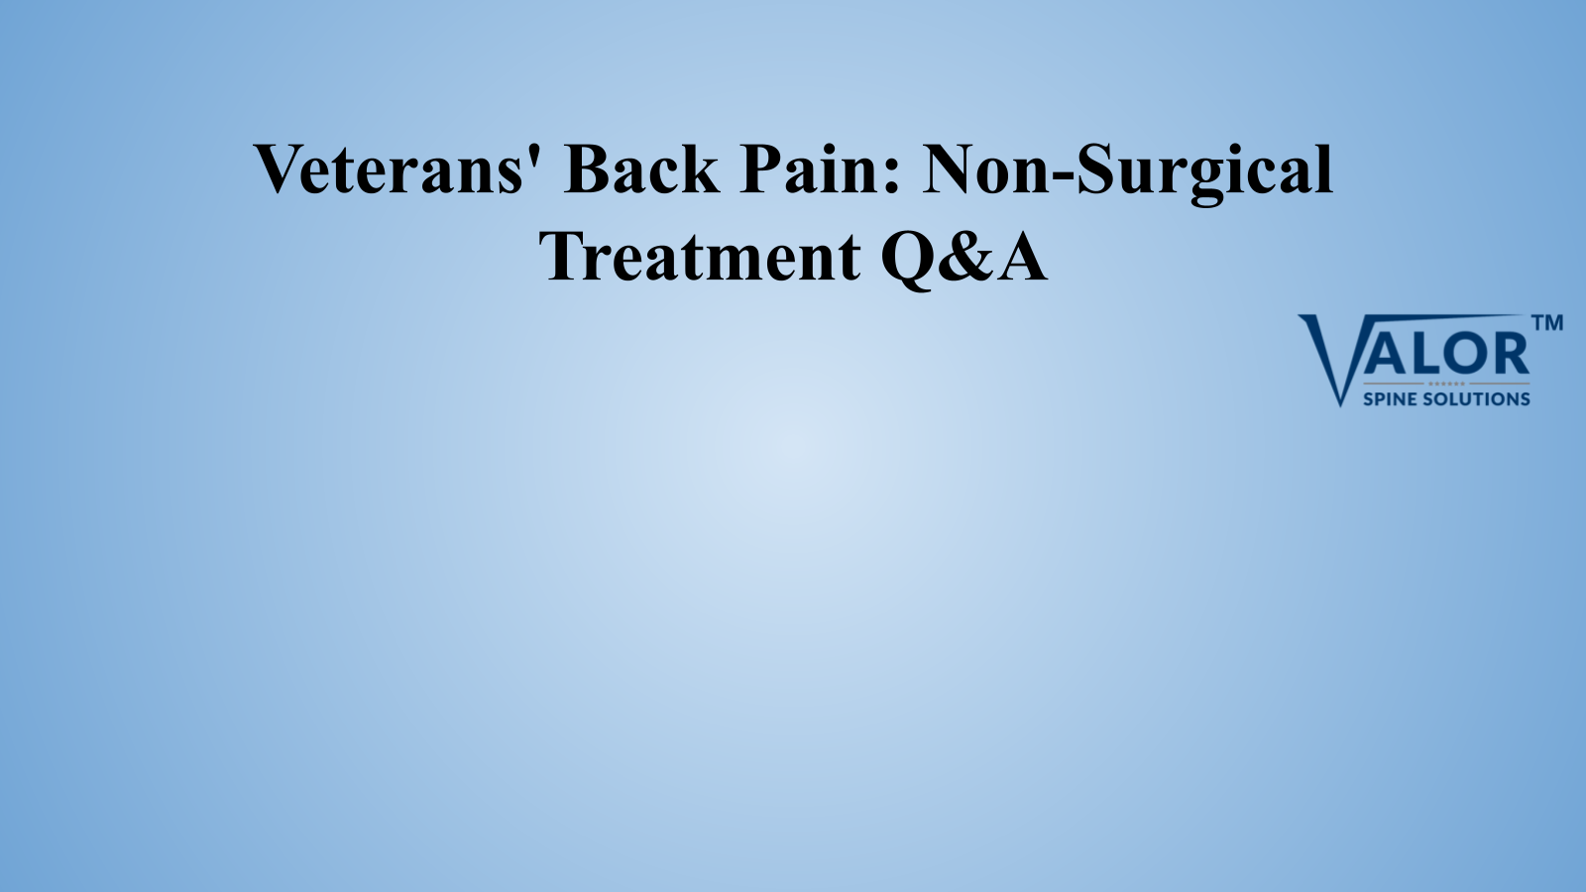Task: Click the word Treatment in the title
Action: [700, 256]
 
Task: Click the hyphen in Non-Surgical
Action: [1064, 177]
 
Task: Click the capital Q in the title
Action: [911, 260]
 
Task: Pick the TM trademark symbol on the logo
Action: [1547, 323]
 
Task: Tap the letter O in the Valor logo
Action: [1458, 356]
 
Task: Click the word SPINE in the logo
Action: [1390, 399]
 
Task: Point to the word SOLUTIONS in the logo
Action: [1477, 399]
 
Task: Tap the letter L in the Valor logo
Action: [1419, 356]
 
